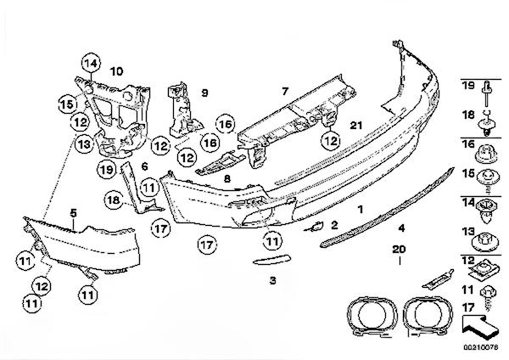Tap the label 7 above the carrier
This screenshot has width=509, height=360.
click(285, 89)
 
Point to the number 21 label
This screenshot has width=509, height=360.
click(356, 126)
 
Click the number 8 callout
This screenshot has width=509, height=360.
click(227, 179)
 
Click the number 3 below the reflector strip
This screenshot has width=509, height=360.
click(272, 280)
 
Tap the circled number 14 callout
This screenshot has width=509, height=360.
click(90, 61)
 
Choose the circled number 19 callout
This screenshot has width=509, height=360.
click(105, 170)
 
